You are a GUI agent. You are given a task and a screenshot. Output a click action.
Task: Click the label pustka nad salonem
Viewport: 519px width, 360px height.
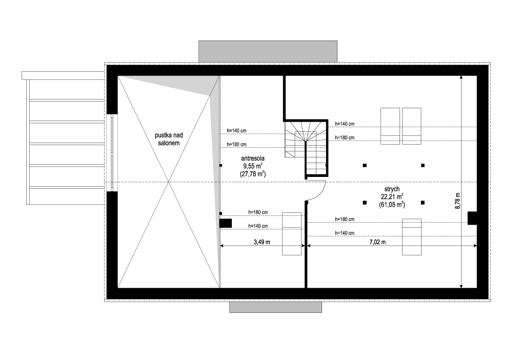169,139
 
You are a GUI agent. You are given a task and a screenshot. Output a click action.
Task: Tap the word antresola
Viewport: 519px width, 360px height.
252,158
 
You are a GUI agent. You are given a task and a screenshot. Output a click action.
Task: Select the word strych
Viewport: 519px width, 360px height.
392,189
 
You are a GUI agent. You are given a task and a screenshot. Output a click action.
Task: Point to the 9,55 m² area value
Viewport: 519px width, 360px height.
253,166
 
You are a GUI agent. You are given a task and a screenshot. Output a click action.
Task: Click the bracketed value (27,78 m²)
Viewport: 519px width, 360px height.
252,174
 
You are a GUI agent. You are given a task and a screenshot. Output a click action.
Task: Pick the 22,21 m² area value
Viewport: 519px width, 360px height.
392,196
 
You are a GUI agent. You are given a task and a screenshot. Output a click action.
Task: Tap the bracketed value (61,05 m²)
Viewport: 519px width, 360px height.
392,204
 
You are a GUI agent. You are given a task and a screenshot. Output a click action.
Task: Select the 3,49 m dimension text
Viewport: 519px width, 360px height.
262,242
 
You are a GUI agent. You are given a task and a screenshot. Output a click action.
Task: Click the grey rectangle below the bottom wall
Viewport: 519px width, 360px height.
275,307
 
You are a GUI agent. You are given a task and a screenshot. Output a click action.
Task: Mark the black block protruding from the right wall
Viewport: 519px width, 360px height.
472,218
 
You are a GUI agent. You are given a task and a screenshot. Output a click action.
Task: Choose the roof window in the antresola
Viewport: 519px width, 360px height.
292,233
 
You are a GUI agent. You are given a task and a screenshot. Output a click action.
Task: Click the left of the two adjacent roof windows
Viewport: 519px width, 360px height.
390,125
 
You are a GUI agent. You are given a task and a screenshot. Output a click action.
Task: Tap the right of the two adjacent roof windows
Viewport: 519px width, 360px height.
411,125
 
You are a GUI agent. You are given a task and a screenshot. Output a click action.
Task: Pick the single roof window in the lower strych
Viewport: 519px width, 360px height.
412,236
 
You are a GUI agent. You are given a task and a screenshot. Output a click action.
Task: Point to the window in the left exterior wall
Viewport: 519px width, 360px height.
113,152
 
